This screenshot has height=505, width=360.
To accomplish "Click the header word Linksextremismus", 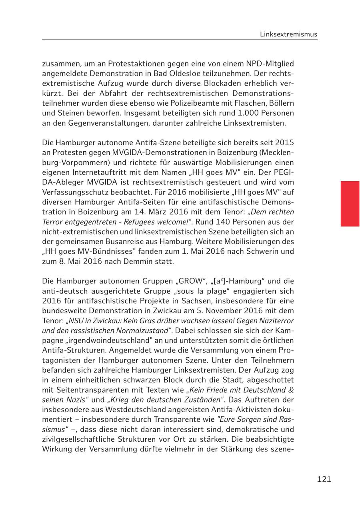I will coord(288,34).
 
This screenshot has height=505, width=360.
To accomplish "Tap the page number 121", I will coord(324,479).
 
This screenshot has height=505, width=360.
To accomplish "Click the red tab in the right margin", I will coord(350,204).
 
